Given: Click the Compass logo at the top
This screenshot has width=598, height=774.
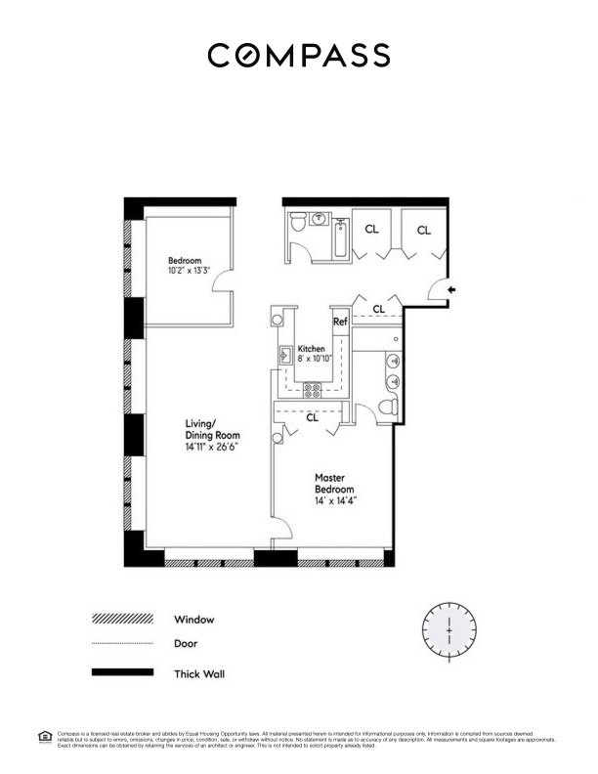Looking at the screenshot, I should click(298, 55).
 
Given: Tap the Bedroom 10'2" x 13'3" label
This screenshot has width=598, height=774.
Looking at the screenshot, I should click(185, 267).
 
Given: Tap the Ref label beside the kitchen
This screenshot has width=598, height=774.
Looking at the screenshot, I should click(340, 322).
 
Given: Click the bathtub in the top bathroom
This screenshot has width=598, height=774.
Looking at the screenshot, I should click(340, 238).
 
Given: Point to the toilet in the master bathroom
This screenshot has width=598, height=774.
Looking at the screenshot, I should click(386, 407).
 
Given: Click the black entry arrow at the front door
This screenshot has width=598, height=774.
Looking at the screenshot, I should click(450, 288).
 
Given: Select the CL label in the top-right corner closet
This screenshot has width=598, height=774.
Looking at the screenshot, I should click(423, 230).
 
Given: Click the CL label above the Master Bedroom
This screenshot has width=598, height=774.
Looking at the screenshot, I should click(312, 418).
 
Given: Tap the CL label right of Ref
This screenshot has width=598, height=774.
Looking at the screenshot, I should click(379, 310).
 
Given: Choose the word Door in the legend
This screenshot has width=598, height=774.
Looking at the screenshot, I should click(186, 645).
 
